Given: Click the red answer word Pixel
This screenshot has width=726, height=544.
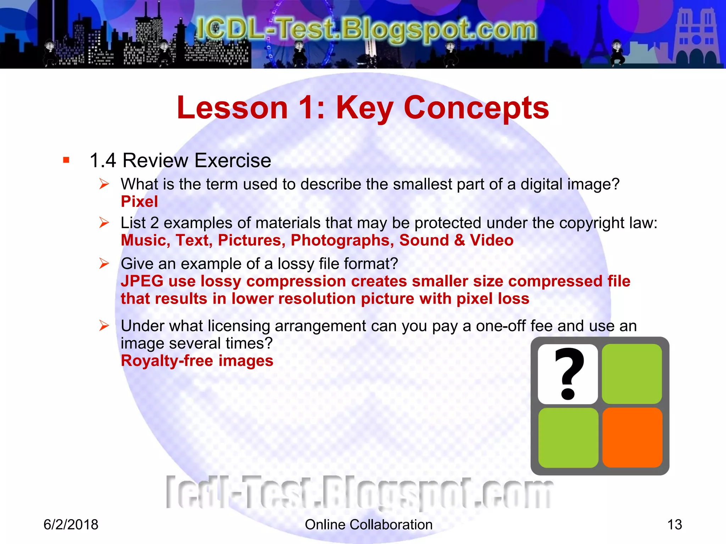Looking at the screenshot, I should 139,202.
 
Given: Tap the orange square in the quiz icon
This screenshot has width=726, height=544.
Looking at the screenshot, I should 632,438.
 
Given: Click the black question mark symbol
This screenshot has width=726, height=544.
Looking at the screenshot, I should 568,373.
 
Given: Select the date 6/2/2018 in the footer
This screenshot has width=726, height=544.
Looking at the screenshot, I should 71,525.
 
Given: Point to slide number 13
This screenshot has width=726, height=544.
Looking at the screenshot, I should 674,525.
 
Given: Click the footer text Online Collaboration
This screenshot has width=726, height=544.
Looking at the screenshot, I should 369,525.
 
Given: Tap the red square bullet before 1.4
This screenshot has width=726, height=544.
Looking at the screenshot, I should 66,160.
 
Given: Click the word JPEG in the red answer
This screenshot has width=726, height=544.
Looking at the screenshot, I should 142,281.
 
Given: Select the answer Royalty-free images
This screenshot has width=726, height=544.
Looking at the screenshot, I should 197,361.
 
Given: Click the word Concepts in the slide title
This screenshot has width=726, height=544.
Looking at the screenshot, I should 476,108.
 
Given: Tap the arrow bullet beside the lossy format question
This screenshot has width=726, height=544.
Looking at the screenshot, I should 104,263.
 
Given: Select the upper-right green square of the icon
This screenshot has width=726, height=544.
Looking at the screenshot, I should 632,374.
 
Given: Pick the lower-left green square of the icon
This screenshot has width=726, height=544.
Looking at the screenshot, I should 568,438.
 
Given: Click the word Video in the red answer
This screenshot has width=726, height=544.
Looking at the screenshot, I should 492,240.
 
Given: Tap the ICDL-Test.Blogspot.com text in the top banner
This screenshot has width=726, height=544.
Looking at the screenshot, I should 366,29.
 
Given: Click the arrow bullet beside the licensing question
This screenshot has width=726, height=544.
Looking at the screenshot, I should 104,325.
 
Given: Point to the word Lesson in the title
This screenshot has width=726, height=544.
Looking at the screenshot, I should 232,108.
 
